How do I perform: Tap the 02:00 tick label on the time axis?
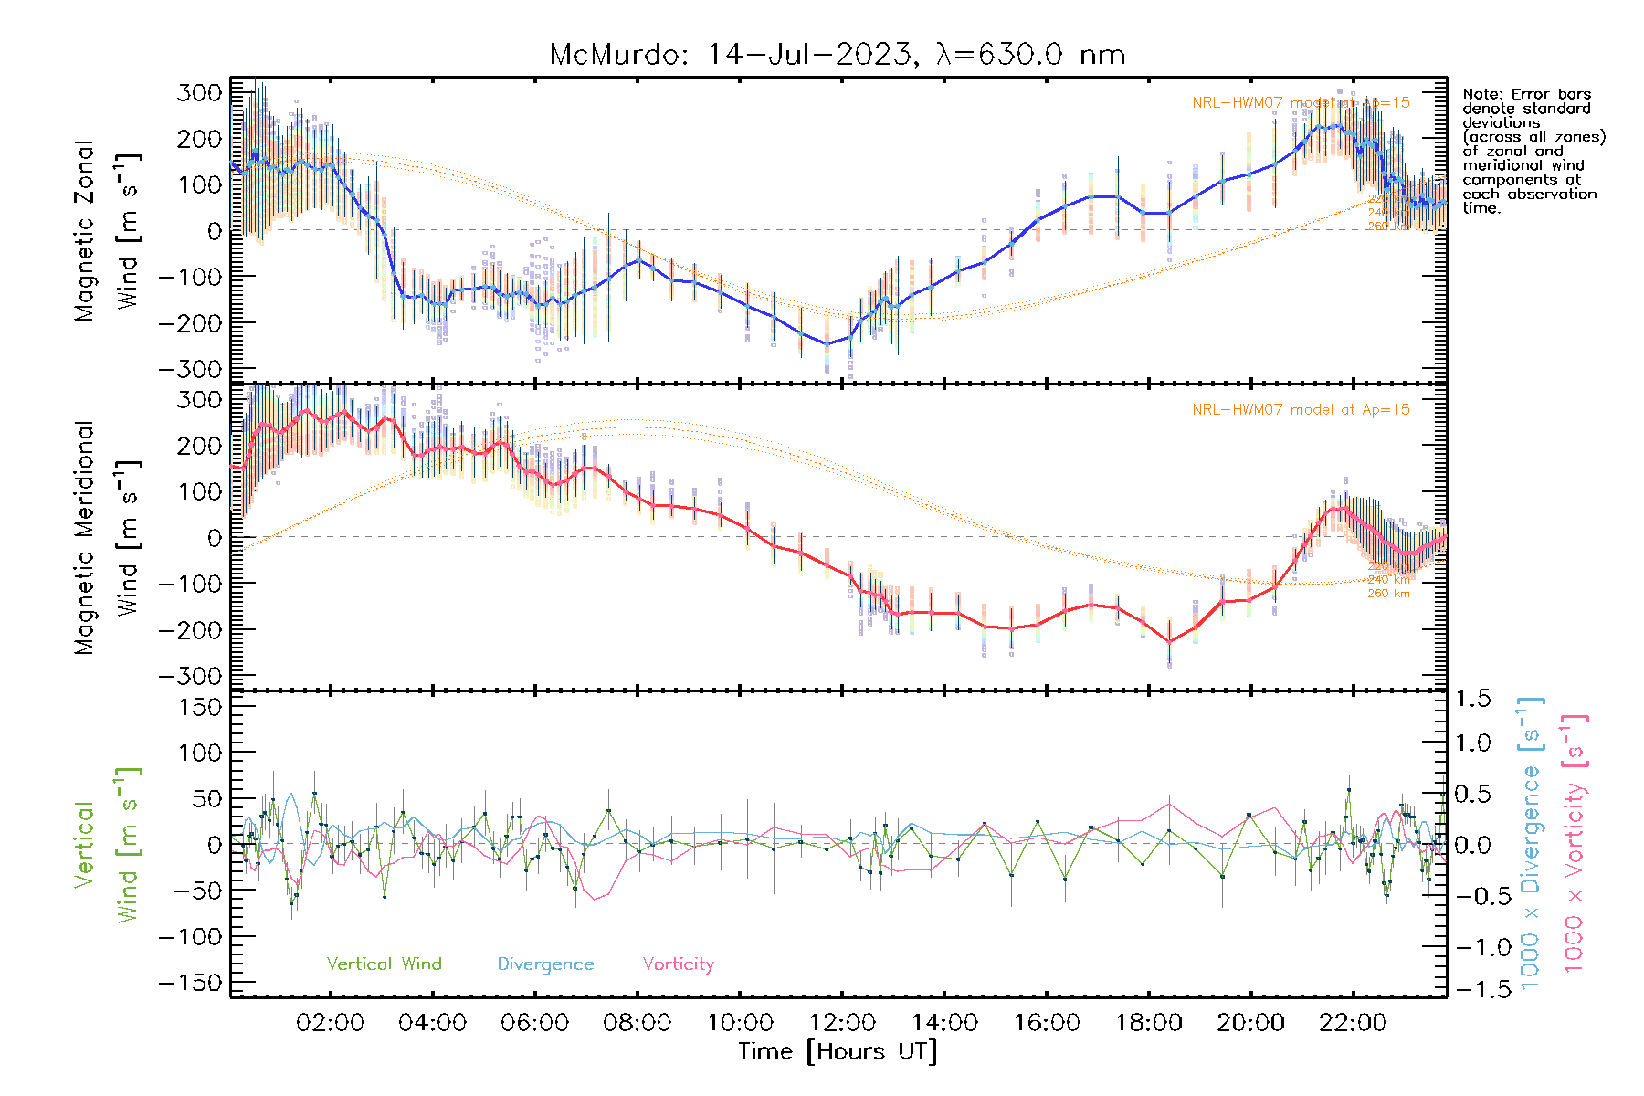coord(330,1023)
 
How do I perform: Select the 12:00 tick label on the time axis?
coord(842,1023)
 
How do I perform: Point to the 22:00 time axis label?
coord(1353,1023)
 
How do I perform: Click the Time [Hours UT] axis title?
coord(838,1051)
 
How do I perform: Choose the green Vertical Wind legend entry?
coord(384,964)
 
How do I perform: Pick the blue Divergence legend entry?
coord(545,964)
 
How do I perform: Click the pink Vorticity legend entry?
coord(678,964)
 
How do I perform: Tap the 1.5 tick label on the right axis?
coord(1473,699)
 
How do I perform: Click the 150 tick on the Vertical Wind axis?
coord(199,707)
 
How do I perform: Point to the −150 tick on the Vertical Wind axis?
coord(191,983)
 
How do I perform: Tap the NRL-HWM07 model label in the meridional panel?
coord(1301,410)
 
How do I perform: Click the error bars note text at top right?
coord(1533,151)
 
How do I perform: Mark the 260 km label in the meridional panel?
coord(1388,594)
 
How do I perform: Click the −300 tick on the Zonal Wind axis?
coord(191,369)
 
